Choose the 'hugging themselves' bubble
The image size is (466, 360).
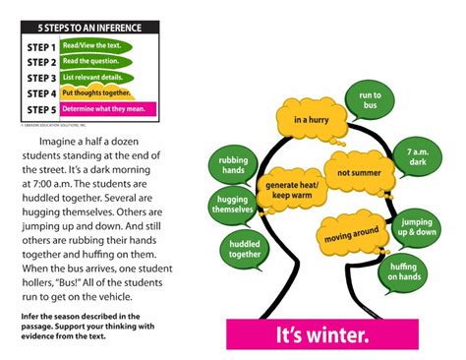(x=232, y=205)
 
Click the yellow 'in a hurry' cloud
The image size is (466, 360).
(x=311, y=120)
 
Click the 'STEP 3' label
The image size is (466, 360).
(x=40, y=78)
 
